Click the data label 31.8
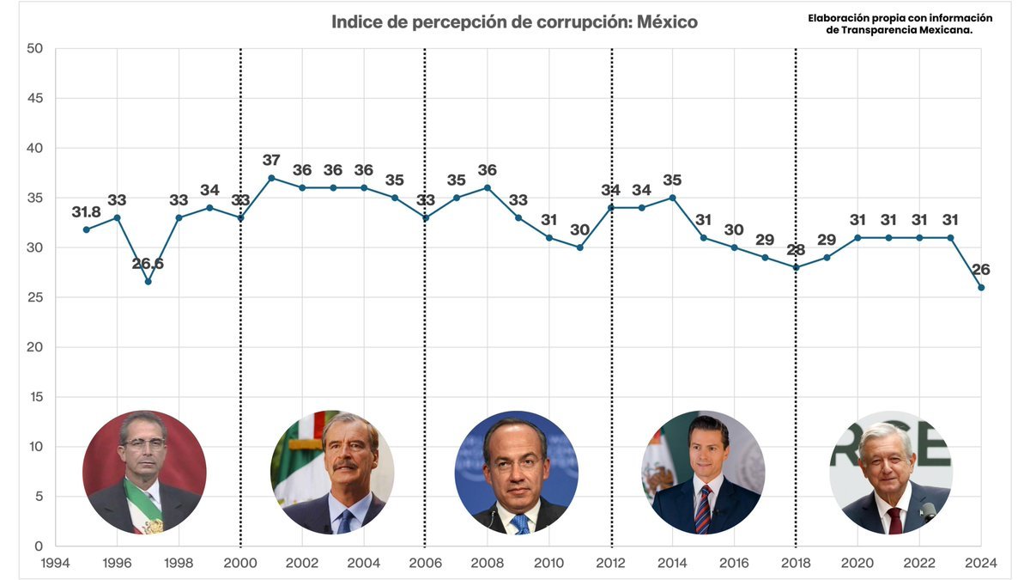tap(87, 212)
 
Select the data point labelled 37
tap(271, 178)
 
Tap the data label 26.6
tap(148, 264)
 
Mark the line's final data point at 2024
tap(981, 287)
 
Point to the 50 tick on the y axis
tap(35, 49)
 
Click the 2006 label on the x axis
tap(425, 564)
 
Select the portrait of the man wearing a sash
tap(144, 472)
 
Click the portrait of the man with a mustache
tap(332, 472)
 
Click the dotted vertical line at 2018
tap(796, 387)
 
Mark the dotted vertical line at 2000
tap(240, 387)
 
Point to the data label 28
tap(796, 250)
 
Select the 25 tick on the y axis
tap(35, 298)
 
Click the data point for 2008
tap(488, 187)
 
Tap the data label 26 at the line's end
tap(981, 270)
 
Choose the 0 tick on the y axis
tap(39, 546)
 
